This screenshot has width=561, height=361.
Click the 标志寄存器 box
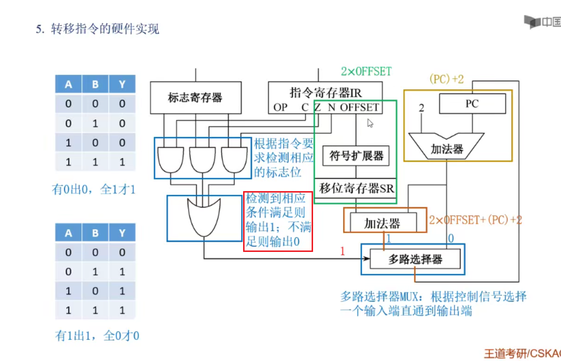click(195, 97)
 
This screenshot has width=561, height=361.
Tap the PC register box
click(472, 104)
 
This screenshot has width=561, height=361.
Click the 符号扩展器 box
click(356, 156)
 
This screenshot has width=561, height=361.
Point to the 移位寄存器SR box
click(356, 189)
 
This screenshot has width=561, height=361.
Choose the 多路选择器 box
click(415, 260)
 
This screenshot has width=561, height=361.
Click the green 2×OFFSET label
click(366, 72)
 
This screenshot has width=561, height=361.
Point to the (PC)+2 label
click(446, 79)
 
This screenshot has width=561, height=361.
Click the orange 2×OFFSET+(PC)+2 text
click(475, 220)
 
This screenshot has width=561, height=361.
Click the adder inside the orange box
click(382, 223)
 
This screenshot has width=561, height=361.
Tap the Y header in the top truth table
click(122, 84)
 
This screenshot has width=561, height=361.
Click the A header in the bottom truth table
click(68, 233)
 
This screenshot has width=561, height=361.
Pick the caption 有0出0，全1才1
click(94, 190)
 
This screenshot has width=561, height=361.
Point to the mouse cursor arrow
click(370, 123)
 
